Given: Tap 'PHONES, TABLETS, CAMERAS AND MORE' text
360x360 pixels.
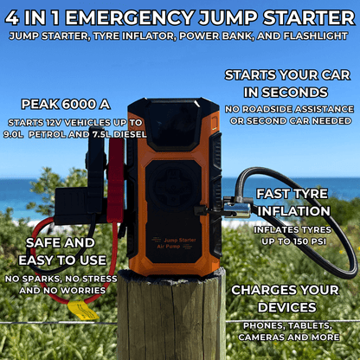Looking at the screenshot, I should coord(290,331).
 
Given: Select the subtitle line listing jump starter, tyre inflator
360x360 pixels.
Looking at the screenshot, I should coord(180,36).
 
